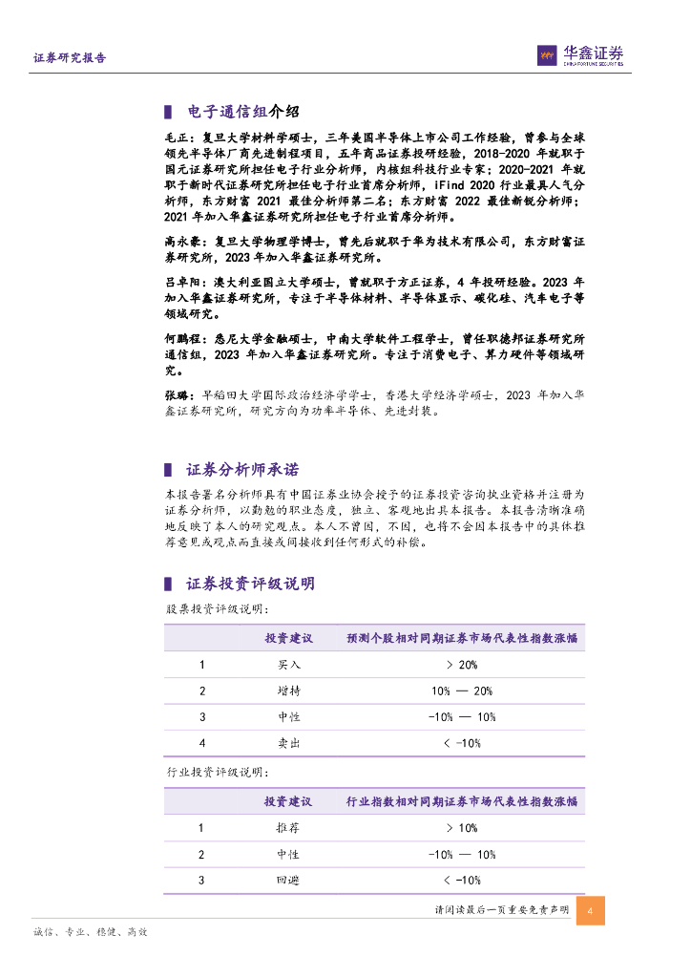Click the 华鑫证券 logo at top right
pos(580,55)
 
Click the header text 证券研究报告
pos(70,58)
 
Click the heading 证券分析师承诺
pos(242,469)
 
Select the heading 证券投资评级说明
pos(250,584)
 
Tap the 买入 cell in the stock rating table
pos(288,665)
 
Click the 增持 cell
pos(288,691)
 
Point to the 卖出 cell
pos(288,742)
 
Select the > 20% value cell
pos(461,665)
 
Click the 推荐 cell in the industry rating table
pos(288,828)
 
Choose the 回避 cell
pos(288,880)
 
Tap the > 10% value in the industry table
pos(461,828)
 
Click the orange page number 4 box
pos(591,910)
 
